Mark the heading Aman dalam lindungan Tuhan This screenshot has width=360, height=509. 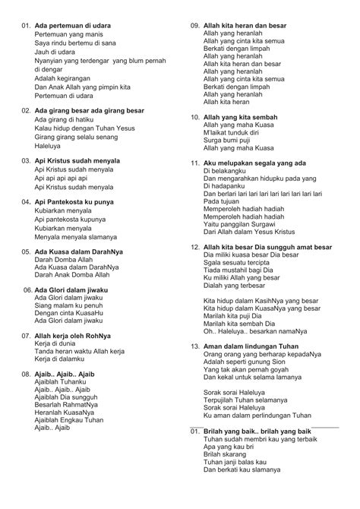[x=248, y=346]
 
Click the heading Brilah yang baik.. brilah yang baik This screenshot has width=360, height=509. [x=257, y=431]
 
